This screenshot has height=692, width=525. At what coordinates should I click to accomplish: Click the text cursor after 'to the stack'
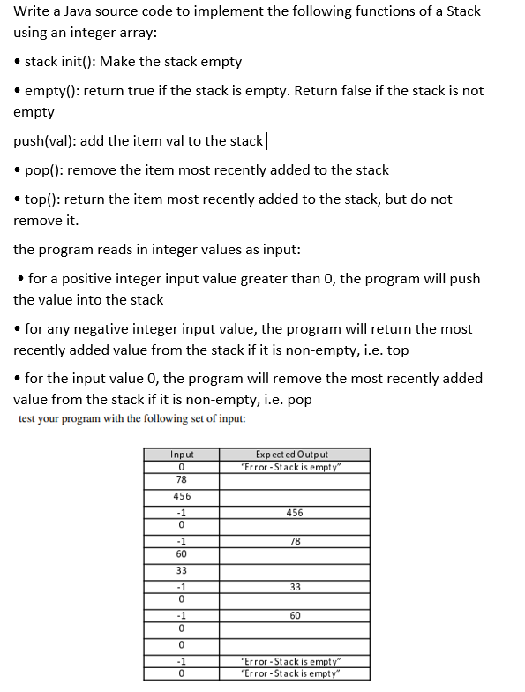266,141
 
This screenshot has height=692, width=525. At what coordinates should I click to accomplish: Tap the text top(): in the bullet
43,199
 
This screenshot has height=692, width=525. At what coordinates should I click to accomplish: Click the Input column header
181,454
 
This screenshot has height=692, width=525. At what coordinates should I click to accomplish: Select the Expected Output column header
295,454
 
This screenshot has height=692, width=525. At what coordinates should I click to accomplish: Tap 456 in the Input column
181,497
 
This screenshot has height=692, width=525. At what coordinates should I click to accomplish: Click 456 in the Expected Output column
295,513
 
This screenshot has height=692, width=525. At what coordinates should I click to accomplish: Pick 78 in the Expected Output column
295,542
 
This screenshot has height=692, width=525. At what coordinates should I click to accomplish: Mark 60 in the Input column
181,554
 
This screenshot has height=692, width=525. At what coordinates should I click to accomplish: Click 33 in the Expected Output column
295,586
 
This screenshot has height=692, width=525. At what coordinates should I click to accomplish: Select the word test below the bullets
30,418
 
